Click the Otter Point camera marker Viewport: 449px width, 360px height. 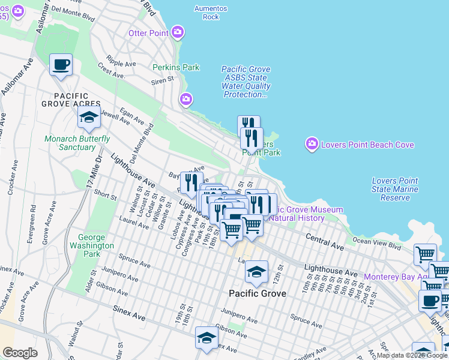coord(178,32)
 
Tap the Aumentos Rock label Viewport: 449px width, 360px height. coord(211,13)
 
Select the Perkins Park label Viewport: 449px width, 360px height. coord(176,68)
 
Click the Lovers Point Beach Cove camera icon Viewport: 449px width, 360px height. coord(312,143)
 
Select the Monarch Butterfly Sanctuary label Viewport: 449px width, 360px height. coord(77,143)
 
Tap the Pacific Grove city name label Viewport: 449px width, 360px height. coord(258,294)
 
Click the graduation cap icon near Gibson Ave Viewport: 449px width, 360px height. coord(207,338)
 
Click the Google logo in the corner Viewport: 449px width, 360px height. coord(20,353)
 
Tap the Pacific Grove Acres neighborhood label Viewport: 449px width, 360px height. coord(71,100)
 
